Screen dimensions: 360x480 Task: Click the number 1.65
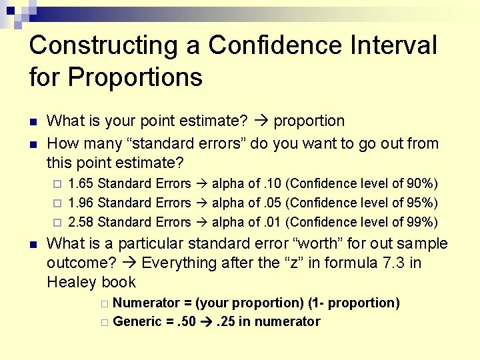pos(81,183)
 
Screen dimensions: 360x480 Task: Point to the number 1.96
pos(81,203)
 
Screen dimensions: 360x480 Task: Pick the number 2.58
pos(81,222)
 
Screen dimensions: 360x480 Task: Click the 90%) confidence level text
pos(422,183)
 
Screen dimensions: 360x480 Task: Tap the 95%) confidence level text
pos(422,203)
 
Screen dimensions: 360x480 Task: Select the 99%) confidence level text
pos(422,222)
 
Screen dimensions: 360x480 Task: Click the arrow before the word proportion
pos(261,121)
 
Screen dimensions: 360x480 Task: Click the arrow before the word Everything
pos(130,263)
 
